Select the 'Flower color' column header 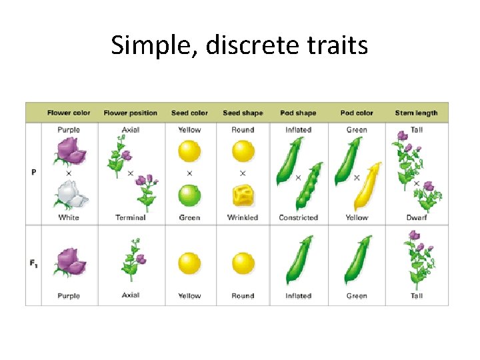[x=69, y=113]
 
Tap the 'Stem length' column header [x=416, y=113]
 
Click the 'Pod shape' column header [x=298, y=113]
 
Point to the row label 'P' [x=33, y=172]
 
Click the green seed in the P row [x=189, y=196]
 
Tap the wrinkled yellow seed [x=243, y=196]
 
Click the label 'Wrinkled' [x=243, y=217]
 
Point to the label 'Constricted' [x=298, y=217]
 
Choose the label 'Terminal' [x=131, y=217]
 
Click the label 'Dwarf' [x=417, y=217]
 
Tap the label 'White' [x=69, y=217]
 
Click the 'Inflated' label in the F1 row [x=298, y=295]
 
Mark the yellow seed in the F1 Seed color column [x=189, y=263]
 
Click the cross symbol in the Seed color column [x=189, y=173]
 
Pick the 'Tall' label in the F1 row [x=417, y=295]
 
